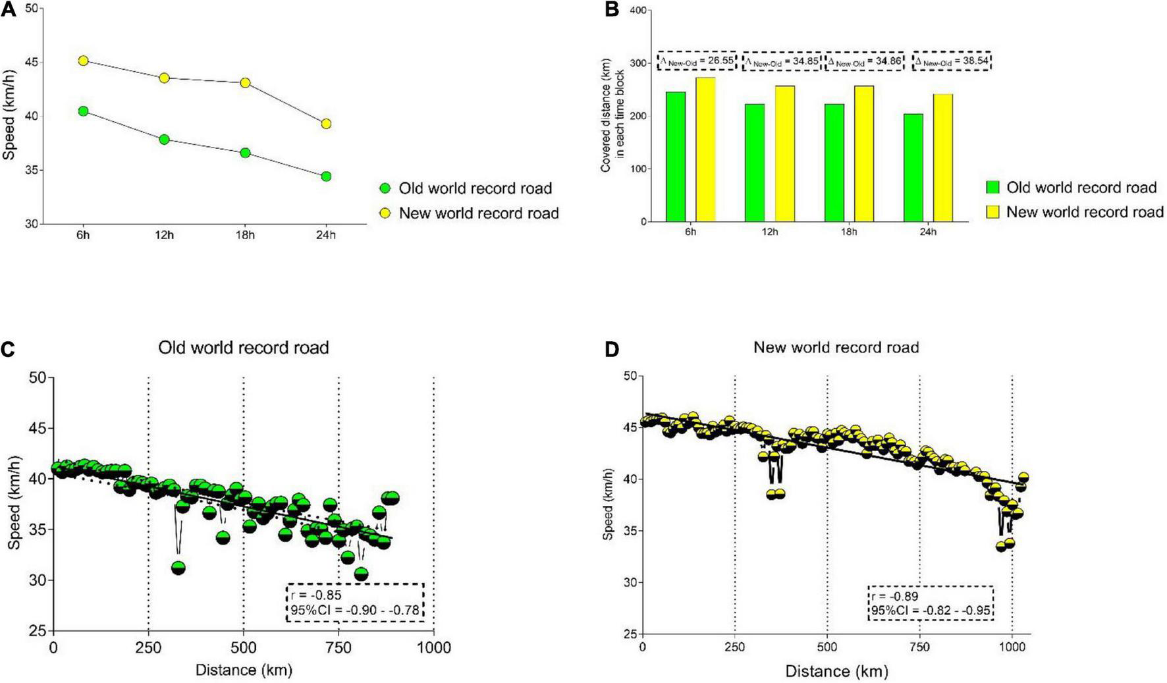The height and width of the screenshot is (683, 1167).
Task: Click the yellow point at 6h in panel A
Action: (x=83, y=61)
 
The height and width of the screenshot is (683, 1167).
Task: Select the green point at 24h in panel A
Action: (x=326, y=177)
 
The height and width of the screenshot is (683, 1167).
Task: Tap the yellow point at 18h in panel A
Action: (x=245, y=83)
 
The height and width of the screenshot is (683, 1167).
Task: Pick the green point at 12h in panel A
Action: (x=164, y=140)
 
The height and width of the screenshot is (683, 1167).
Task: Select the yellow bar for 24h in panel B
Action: (x=943, y=158)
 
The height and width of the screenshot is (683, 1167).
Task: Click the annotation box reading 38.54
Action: (x=952, y=61)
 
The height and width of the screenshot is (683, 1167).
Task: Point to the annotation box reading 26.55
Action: (x=697, y=61)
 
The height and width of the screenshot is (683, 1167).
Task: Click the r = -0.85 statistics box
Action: (x=355, y=602)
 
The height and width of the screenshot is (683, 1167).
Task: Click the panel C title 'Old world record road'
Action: (x=244, y=347)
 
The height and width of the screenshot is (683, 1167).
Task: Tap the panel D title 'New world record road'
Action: (x=836, y=346)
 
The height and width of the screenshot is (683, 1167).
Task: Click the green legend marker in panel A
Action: (x=386, y=188)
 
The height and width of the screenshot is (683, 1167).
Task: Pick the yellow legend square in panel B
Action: (x=992, y=211)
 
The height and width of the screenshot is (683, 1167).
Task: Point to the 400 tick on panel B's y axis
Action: (x=637, y=11)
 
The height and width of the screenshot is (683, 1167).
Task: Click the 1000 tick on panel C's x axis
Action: (x=433, y=648)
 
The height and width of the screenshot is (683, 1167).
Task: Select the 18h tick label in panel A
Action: (x=245, y=235)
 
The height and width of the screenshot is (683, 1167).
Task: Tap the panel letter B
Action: (x=612, y=10)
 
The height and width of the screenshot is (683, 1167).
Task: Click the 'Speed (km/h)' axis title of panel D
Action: (x=609, y=505)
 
